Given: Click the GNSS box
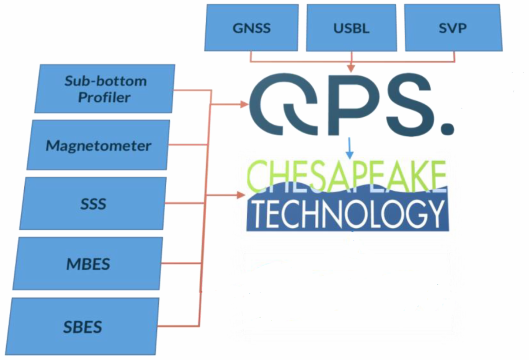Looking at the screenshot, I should pyautogui.click(x=251, y=28).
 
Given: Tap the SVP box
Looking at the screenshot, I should pyautogui.click(x=453, y=28).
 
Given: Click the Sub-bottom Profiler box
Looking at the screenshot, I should pyautogui.click(x=105, y=89).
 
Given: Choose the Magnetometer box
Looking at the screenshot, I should pyautogui.click(x=98, y=145).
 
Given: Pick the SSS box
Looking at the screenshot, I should pyautogui.click(x=93, y=204).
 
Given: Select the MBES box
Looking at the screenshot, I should pyautogui.click(x=88, y=264).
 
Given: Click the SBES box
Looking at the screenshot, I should pyautogui.click(x=83, y=327).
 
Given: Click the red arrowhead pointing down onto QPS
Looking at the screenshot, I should pyautogui.click(x=351, y=68).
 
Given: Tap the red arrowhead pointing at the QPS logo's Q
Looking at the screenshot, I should pyautogui.click(x=244, y=104).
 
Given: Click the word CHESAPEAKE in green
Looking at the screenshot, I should pyautogui.click(x=347, y=174).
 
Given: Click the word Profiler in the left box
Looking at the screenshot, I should pyautogui.click(x=104, y=97).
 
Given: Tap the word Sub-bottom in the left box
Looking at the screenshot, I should pyautogui.click(x=106, y=81).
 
